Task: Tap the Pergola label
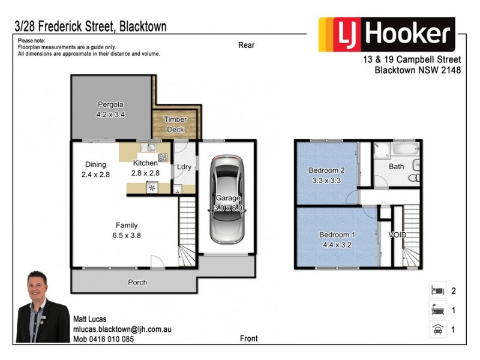[110, 103]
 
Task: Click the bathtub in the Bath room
[400, 148]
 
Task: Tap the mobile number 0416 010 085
[103, 339]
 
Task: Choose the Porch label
[137, 282]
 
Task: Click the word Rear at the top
[246, 45]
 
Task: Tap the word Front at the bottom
[248, 338]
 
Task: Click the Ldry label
[184, 167]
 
